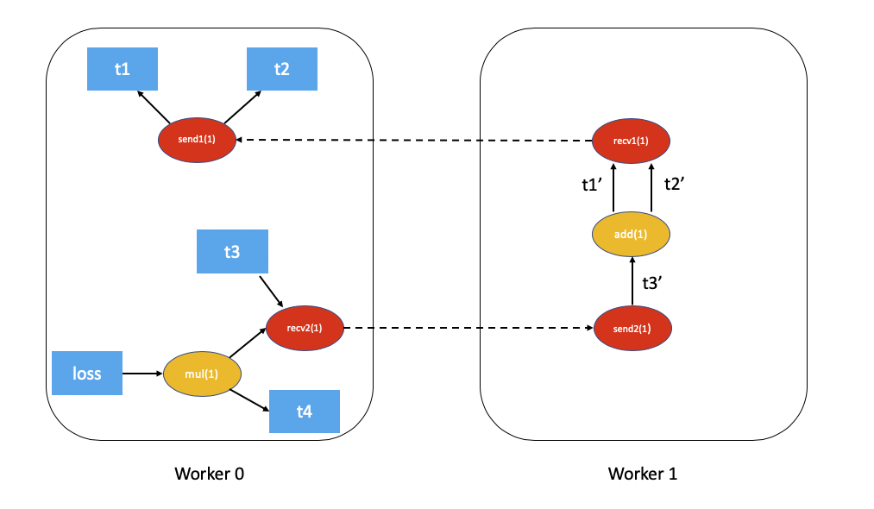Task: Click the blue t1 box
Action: (123, 69)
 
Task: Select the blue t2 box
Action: (281, 69)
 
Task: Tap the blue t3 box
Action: (232, 252)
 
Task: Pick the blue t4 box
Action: (304, 412)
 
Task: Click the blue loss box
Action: (86, 374)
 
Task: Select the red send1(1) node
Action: (197, 140)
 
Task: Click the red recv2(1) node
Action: (305, 328)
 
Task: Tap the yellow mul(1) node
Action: (201, 374)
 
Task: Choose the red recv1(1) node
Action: (632, 140)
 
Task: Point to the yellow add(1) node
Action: (632, 234)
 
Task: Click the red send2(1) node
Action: (632, 329)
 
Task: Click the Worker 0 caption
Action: (210, 474)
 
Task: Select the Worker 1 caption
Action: (643, 474)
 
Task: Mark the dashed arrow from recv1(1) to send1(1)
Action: (414, 140)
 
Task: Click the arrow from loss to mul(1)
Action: (142, 374)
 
